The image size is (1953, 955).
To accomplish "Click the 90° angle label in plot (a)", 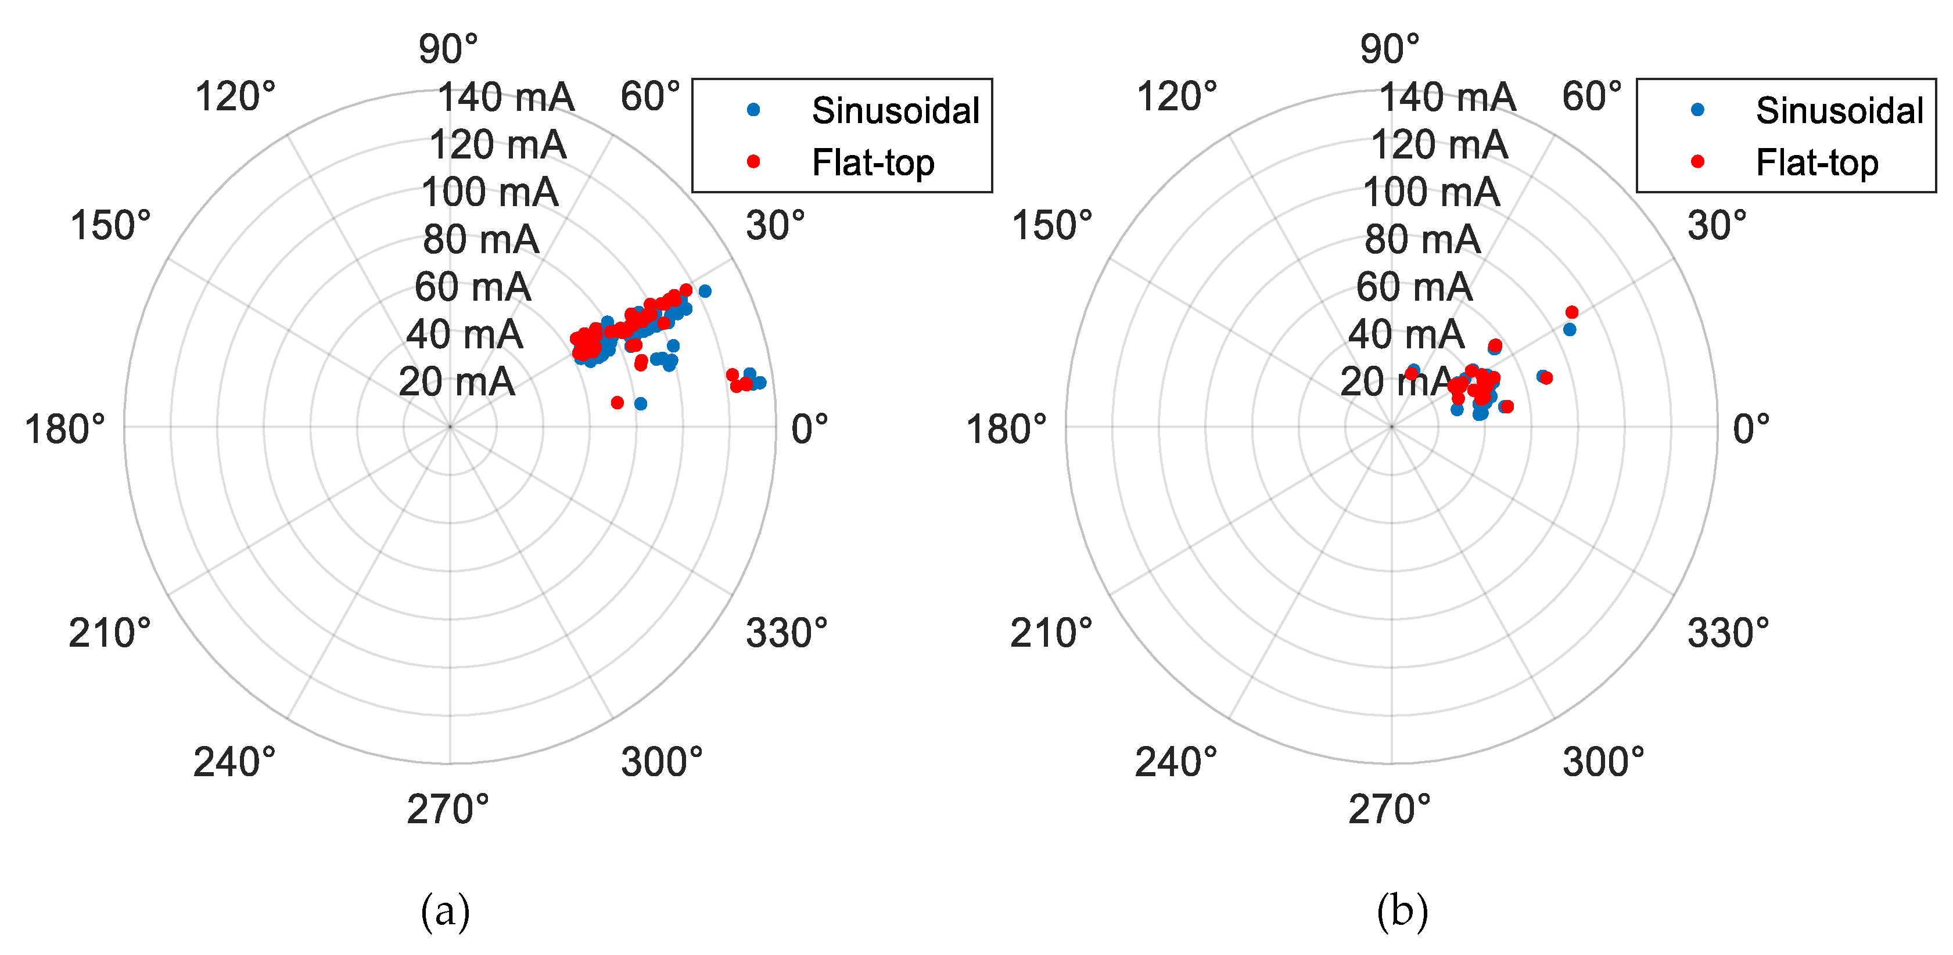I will pyautogui.click(x=448, y=50).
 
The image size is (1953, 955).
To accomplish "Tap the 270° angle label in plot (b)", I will pyautogui.click(x=1389, y=809).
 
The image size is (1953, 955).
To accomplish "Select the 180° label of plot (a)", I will pyautogui.click(x=65, y=430).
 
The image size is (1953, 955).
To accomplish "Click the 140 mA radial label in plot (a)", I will pyautogui.click(x=506, y=98).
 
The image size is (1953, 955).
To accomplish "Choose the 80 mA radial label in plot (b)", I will pyautogui.click(x=1421, y=240).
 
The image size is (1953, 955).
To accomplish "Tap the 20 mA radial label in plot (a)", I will pyautogui.click(x=457, y=382).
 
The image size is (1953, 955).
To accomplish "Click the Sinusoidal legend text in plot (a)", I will pyautogui.click(x=895, y=111).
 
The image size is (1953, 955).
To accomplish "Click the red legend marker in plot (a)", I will pyautogui.click(x=753, y=161).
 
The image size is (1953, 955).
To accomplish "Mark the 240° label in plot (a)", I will pyautogui.click(x=234, y=762).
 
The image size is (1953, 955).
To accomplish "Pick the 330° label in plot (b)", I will pyautogui.click(x=1728, y=633).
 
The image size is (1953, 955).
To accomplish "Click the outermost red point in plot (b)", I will pyautogui.click(x=1572, y=312).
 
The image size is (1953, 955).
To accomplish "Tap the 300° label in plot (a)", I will pyautogui.click(x=662, y=762).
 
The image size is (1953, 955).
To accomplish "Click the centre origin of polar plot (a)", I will pyautogui.click(x=450, y=427).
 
